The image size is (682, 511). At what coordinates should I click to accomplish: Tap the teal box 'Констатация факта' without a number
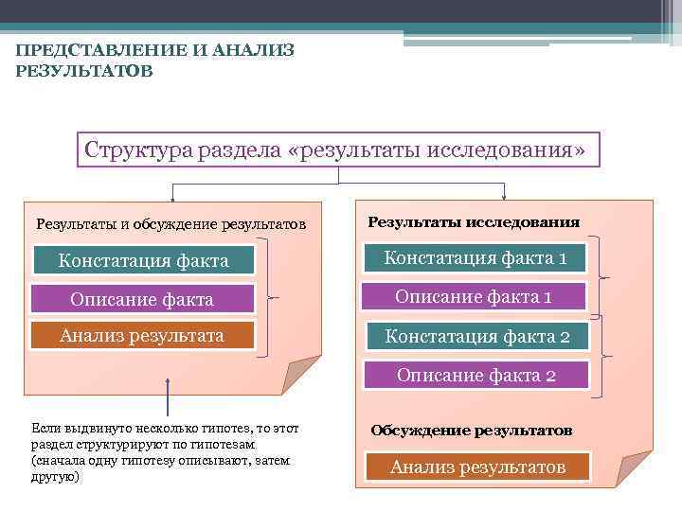(144, 260)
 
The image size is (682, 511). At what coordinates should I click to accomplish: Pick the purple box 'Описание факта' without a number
(144, 299)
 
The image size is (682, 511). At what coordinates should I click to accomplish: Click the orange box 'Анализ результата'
(144, 336)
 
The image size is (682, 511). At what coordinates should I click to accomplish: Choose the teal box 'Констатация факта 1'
(476, 257)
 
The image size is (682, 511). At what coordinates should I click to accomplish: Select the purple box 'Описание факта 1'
(476, 296)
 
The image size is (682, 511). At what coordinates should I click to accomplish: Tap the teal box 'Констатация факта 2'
(476, 336)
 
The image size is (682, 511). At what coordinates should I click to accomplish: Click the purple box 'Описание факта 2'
(476, 376)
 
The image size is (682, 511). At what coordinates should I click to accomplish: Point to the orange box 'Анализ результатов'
(476, 467)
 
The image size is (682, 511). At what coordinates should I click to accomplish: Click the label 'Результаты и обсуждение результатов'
(170, 225)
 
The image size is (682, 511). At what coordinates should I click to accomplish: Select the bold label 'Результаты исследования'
(474, 222)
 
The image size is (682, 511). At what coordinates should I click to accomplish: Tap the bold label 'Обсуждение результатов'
(471, 431)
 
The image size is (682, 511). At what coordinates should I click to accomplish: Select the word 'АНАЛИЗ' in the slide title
(249, 49)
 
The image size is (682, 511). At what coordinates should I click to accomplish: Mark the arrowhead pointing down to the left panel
(171, 199)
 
